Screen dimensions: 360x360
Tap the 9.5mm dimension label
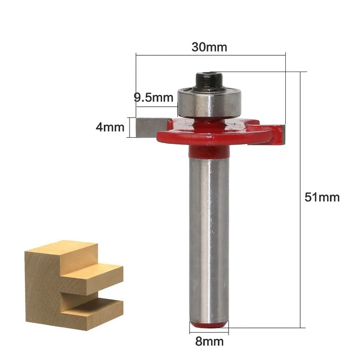(x=153, y=97)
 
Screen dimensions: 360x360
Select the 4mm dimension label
(x=110, y=127)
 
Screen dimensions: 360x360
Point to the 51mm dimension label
(x=322, y=197)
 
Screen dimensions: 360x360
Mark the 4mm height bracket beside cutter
(x=131, y=127)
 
